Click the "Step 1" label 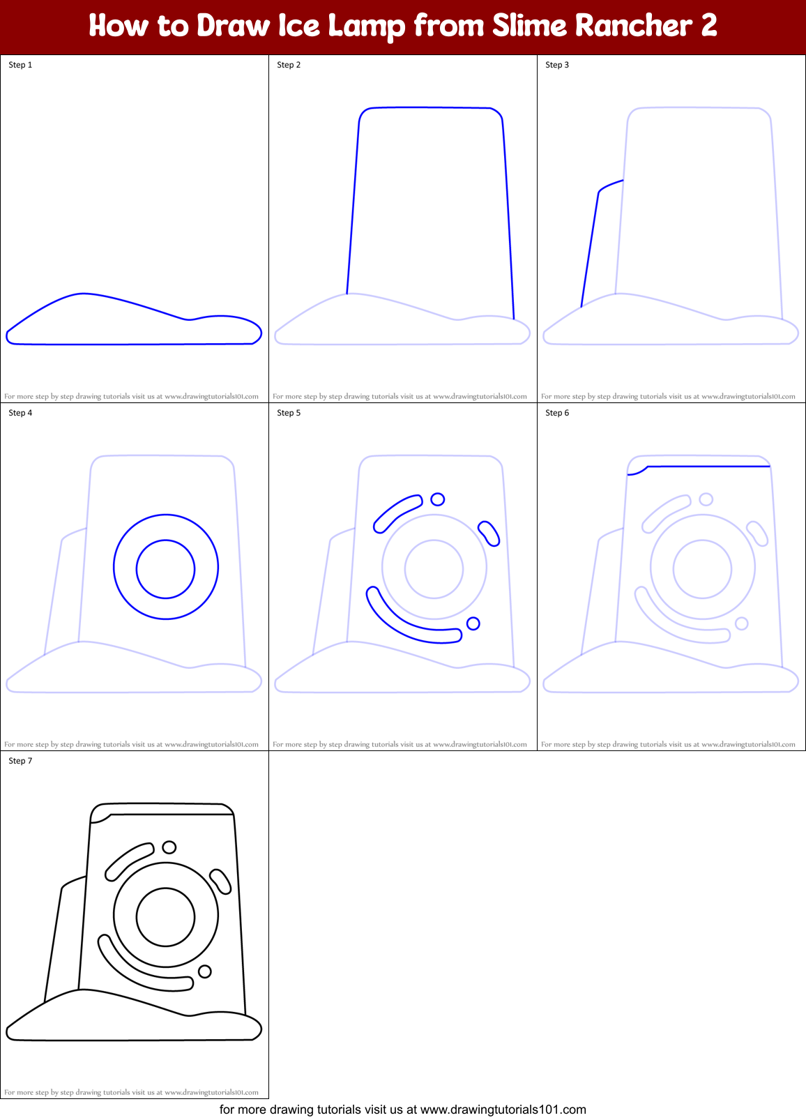[20, 65]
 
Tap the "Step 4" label [20, 413]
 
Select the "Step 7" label [20, 761]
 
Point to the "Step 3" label [557, 65]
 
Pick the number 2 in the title [708, 26]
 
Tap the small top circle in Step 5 [438, 499]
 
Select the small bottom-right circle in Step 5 [473, 623]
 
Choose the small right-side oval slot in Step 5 [489, 533]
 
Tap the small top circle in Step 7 [169, 847]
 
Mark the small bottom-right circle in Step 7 [205, 971]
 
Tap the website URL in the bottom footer [503, 1110]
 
